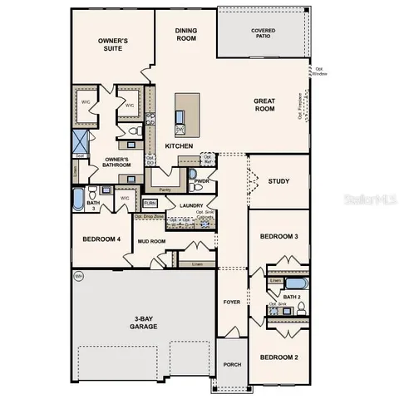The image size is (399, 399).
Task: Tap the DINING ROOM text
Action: click(186, 34)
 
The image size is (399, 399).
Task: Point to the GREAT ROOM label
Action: click(264, 104)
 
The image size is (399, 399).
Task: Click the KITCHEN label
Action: click(179, 146)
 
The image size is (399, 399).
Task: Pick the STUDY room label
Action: click(279, 180)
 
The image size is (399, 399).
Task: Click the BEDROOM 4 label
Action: click(101, 239)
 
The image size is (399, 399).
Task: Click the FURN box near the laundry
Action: click(150, 203)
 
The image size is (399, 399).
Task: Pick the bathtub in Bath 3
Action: click(77, 199)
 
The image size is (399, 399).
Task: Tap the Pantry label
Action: click(165, 190)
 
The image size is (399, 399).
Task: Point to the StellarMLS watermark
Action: click(371, 200)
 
